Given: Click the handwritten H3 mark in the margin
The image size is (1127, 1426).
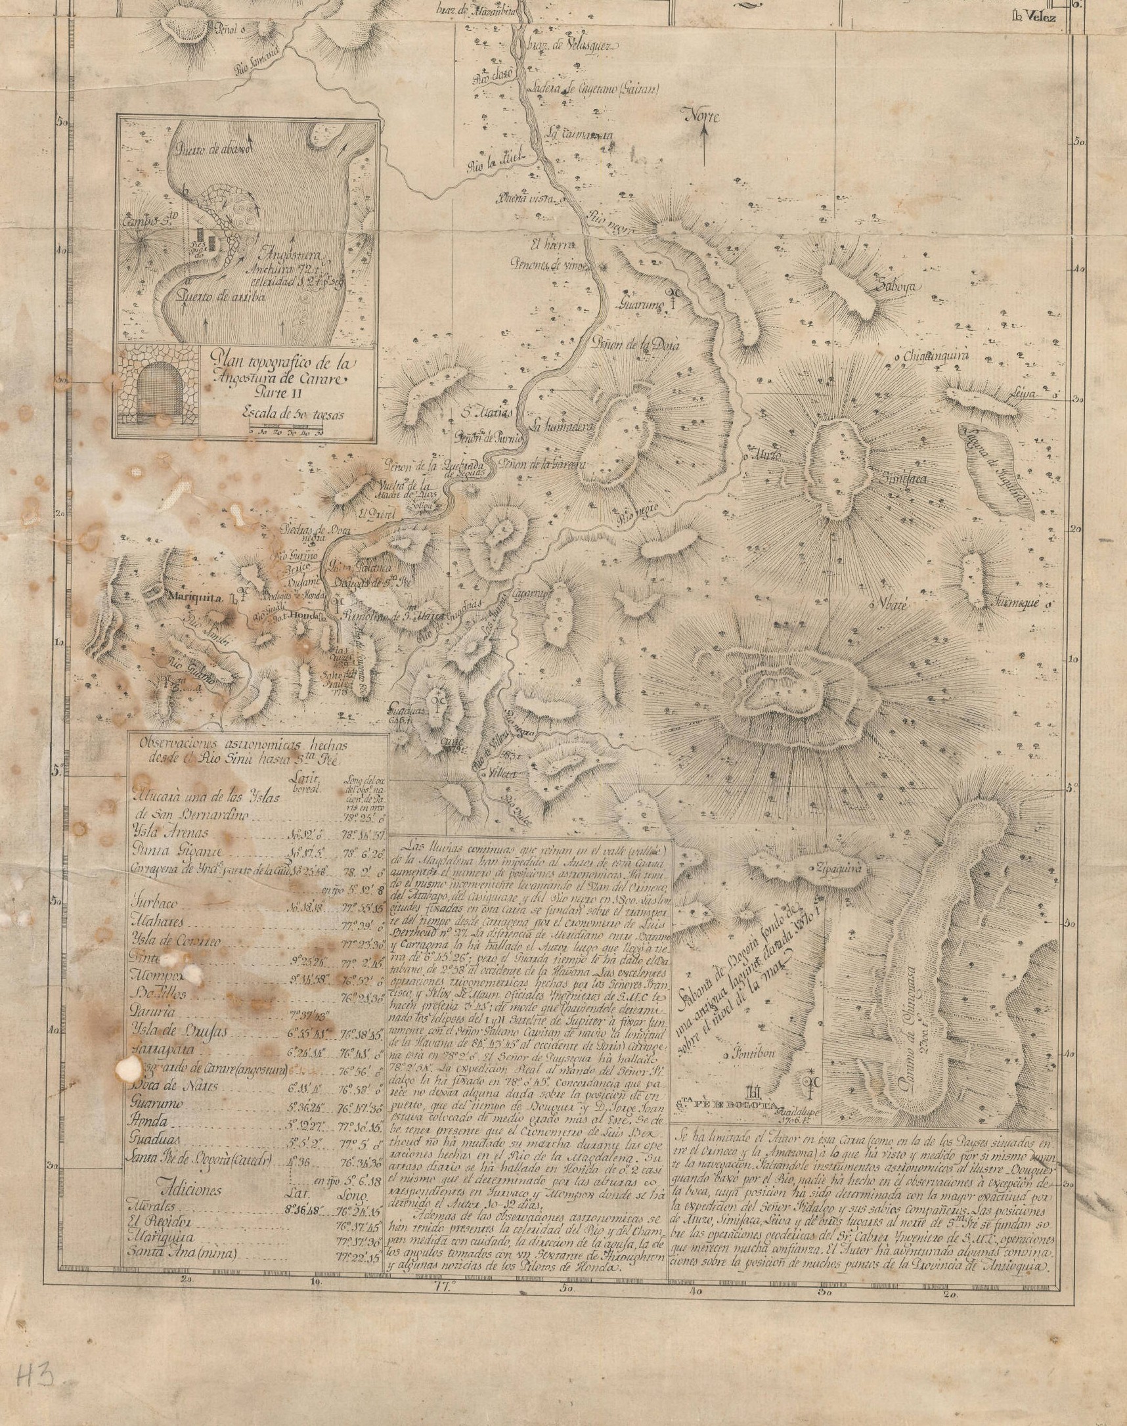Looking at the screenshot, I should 33,1372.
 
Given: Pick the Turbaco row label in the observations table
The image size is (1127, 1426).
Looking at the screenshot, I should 159,903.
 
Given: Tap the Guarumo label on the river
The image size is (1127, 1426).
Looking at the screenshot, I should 639,305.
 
